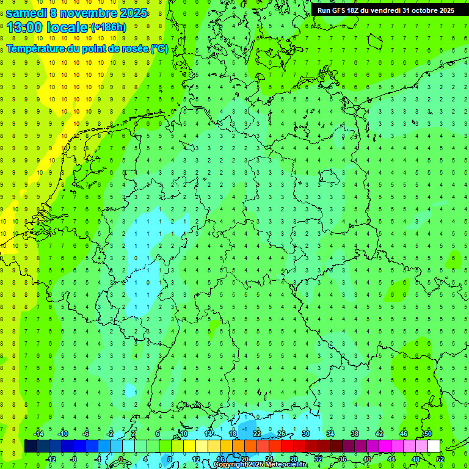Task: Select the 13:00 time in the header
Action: tap(24, 27)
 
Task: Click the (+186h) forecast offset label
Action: tap(108, 27)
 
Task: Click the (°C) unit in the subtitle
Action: tap(159, 49)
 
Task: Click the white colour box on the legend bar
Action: tap(434, 446)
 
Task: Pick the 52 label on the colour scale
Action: tap(440, 459)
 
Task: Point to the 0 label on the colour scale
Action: tap(122, 459)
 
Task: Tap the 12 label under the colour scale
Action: tap(195, 459)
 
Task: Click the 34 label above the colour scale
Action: tap(330, 434)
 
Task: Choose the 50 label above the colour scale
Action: tap(427, 434)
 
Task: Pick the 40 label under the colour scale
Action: tap(366, 459)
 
